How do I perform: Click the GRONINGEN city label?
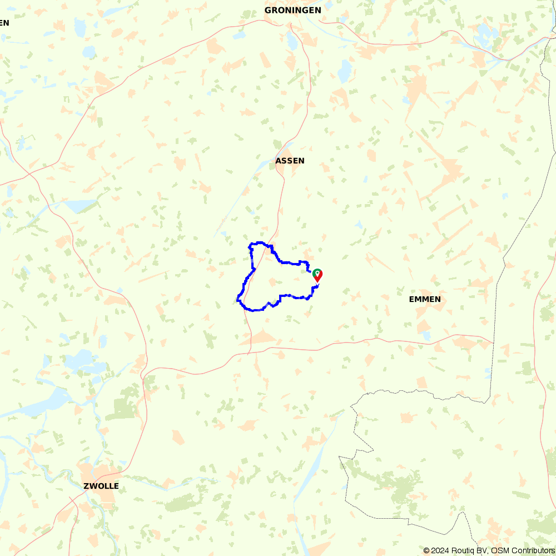(x=292, y=10)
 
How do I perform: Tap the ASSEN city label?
(x=290, y=161)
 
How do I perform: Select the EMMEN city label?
(x=425, y=299)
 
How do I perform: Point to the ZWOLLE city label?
(x=101, y=486)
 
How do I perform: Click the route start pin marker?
(x=317, y=275)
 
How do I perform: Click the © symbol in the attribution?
(x=426, y=550)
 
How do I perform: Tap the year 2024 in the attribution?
(x=439, y=550)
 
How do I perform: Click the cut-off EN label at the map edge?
(x=4, y=23)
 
